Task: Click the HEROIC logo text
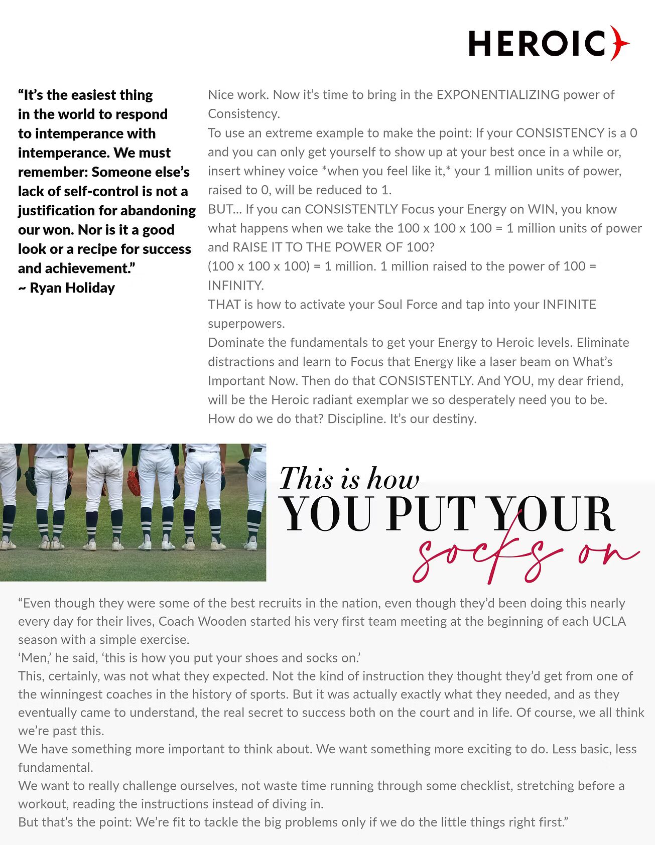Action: pos(537,44)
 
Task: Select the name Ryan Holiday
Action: pos(72,288)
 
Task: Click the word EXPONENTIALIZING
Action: pos(498,95)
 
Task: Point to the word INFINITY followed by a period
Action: pos(236,286)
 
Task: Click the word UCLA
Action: pos(609,621)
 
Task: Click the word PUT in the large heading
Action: pos(431,514)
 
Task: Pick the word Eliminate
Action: pos(603,343)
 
